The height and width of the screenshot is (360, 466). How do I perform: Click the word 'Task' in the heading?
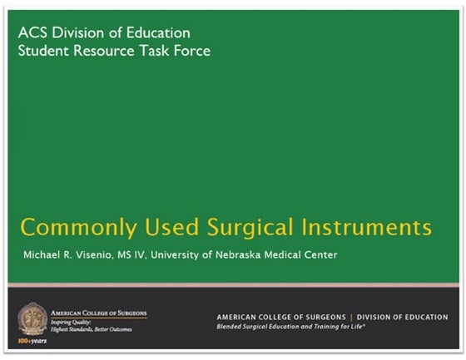[x=154, y=51]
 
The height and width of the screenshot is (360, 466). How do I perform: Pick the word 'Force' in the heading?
[x=192, y=51]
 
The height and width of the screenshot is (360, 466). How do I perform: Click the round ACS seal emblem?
[x=33, y=318]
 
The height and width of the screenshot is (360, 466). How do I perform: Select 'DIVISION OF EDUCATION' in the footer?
[x=404, y=317]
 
